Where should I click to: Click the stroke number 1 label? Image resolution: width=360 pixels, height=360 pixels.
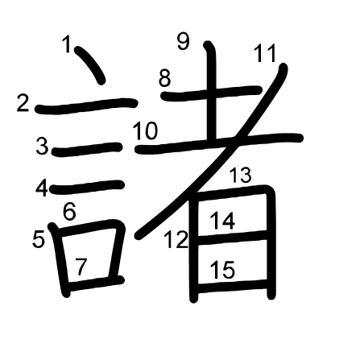(66, 44)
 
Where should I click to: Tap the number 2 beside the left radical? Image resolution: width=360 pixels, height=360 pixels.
(23, 103)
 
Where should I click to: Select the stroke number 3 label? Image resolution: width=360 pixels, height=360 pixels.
(42, 146)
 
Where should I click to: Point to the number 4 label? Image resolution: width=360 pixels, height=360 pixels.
(42, 188)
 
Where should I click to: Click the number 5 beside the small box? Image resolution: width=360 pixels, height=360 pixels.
(39, 239)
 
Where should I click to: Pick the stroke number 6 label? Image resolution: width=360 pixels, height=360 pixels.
(69, 212)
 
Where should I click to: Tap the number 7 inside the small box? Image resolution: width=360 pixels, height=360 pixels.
(81, 267)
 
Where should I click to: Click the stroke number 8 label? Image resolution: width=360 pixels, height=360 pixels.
(164, 78)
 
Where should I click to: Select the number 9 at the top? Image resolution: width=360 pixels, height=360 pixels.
(184, 41)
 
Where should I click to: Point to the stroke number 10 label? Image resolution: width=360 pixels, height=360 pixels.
(145, 130)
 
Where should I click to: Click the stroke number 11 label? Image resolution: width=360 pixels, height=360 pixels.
(265, 53)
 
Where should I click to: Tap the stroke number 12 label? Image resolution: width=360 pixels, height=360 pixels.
(176, 240)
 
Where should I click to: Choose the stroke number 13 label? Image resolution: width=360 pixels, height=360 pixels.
(240, 175)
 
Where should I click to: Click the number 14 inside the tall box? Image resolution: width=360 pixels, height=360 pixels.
(222, 221)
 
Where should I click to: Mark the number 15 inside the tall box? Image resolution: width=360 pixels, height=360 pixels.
(222, 270)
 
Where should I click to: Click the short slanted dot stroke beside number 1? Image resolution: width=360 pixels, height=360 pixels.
(90, 64)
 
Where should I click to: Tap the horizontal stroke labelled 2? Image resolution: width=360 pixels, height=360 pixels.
(86, 106)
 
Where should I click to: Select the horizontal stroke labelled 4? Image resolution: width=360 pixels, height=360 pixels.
(88, 187)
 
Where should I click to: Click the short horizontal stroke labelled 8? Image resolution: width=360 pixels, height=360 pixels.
(211, 93)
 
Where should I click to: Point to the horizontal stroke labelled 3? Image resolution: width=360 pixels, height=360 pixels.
(87, 149)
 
